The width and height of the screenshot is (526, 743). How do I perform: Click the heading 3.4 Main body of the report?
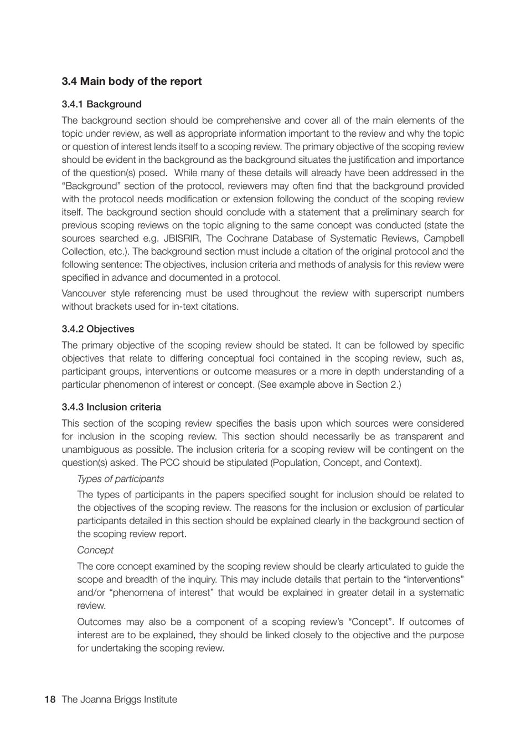[x=132, y=81]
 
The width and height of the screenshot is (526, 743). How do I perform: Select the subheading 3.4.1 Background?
[x=101, y=104]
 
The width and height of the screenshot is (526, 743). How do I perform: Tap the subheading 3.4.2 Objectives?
[x=98, y=329]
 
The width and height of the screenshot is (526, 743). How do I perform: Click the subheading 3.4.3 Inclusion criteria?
[x=111, y=407]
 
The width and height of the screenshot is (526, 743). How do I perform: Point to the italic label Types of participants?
[x=120, y=479]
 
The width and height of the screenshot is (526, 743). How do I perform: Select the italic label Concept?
[x=95, y=550]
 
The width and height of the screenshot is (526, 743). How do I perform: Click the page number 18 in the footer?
[x=50, y=699]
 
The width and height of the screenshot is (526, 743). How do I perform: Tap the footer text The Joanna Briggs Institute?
[x=120, y=699]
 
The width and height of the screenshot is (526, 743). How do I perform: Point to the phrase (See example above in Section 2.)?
[x=329, y=385]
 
